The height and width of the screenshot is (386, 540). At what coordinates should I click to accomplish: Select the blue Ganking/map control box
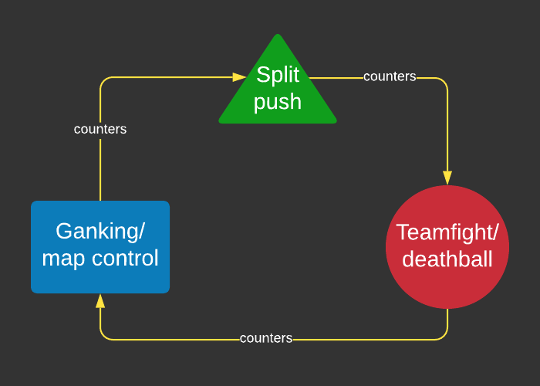tap(100, 247)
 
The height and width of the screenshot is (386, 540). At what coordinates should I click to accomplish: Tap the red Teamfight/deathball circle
tap(447, 247)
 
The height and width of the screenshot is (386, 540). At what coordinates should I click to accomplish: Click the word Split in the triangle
tap(278, 75)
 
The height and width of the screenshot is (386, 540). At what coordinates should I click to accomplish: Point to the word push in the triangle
tap(278, 101)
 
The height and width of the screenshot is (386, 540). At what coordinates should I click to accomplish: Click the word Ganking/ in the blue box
tap(100, 231)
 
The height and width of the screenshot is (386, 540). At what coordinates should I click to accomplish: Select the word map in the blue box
tap(64, 258)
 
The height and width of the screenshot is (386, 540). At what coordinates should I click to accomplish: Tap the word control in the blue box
tap(125, 258)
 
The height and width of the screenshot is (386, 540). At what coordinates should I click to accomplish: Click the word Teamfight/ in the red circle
tap(447, 232)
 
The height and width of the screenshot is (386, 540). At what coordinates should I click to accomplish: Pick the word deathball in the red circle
tap(447, 259)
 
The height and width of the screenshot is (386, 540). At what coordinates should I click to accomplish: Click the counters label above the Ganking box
tap(100, 129)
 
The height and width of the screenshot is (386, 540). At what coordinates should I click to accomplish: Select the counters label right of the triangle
tap(390, 76)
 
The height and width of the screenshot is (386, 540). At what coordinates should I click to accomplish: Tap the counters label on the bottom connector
tap(266, 338)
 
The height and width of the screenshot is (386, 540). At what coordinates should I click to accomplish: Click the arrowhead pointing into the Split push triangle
tap(240, 77)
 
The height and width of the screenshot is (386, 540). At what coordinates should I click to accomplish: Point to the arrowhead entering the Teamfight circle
tap(447, 178)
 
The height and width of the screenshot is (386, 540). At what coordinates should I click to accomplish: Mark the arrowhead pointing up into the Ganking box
tap(100, 301)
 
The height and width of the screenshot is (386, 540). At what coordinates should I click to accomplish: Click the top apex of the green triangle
tap(278, 36)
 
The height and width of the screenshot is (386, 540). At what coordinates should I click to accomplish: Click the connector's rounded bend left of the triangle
tap(104, 81)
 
